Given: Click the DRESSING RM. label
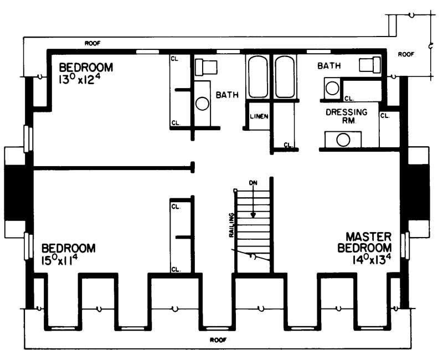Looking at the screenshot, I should [346, 116].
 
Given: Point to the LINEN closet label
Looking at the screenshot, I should [259, 117].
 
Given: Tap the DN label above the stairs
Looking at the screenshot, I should [253, 182].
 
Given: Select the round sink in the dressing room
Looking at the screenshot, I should [343, 140].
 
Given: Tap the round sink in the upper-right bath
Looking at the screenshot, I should [332, 88].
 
